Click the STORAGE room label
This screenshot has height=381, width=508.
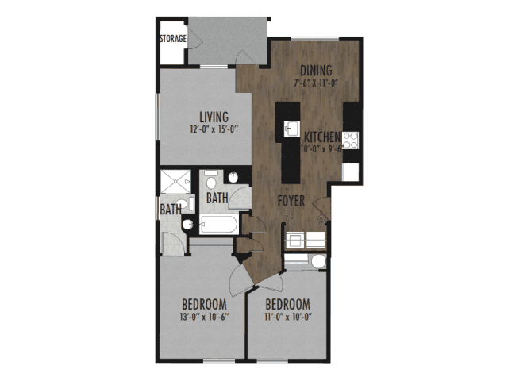point(173,39)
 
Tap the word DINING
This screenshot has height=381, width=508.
point(316,71)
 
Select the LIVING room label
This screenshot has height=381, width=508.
point(214,117)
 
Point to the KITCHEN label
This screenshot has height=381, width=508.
point(322,137)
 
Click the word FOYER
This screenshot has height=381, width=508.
point(291,201)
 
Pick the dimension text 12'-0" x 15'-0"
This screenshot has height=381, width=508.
point(214,129)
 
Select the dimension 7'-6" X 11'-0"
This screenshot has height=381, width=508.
point(316,83)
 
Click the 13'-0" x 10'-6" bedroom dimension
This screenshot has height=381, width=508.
point(205,317)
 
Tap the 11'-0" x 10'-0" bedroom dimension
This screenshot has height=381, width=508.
point(288,317)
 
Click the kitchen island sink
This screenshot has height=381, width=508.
point(291,129)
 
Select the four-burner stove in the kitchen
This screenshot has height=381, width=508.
point(350,140)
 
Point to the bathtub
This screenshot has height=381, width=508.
point(219,224)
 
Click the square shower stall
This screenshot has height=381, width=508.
point(175,182)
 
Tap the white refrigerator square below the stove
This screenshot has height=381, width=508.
point(351,171)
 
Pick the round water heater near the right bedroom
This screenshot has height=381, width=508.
point(318,261)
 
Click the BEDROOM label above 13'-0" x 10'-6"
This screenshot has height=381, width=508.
point(204,305)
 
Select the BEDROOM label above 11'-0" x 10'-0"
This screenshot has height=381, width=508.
point(287,305)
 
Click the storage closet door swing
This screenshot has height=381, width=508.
point(194,38)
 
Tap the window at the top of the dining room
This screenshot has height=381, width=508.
point(315,39)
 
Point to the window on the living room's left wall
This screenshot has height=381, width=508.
point(157,117)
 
